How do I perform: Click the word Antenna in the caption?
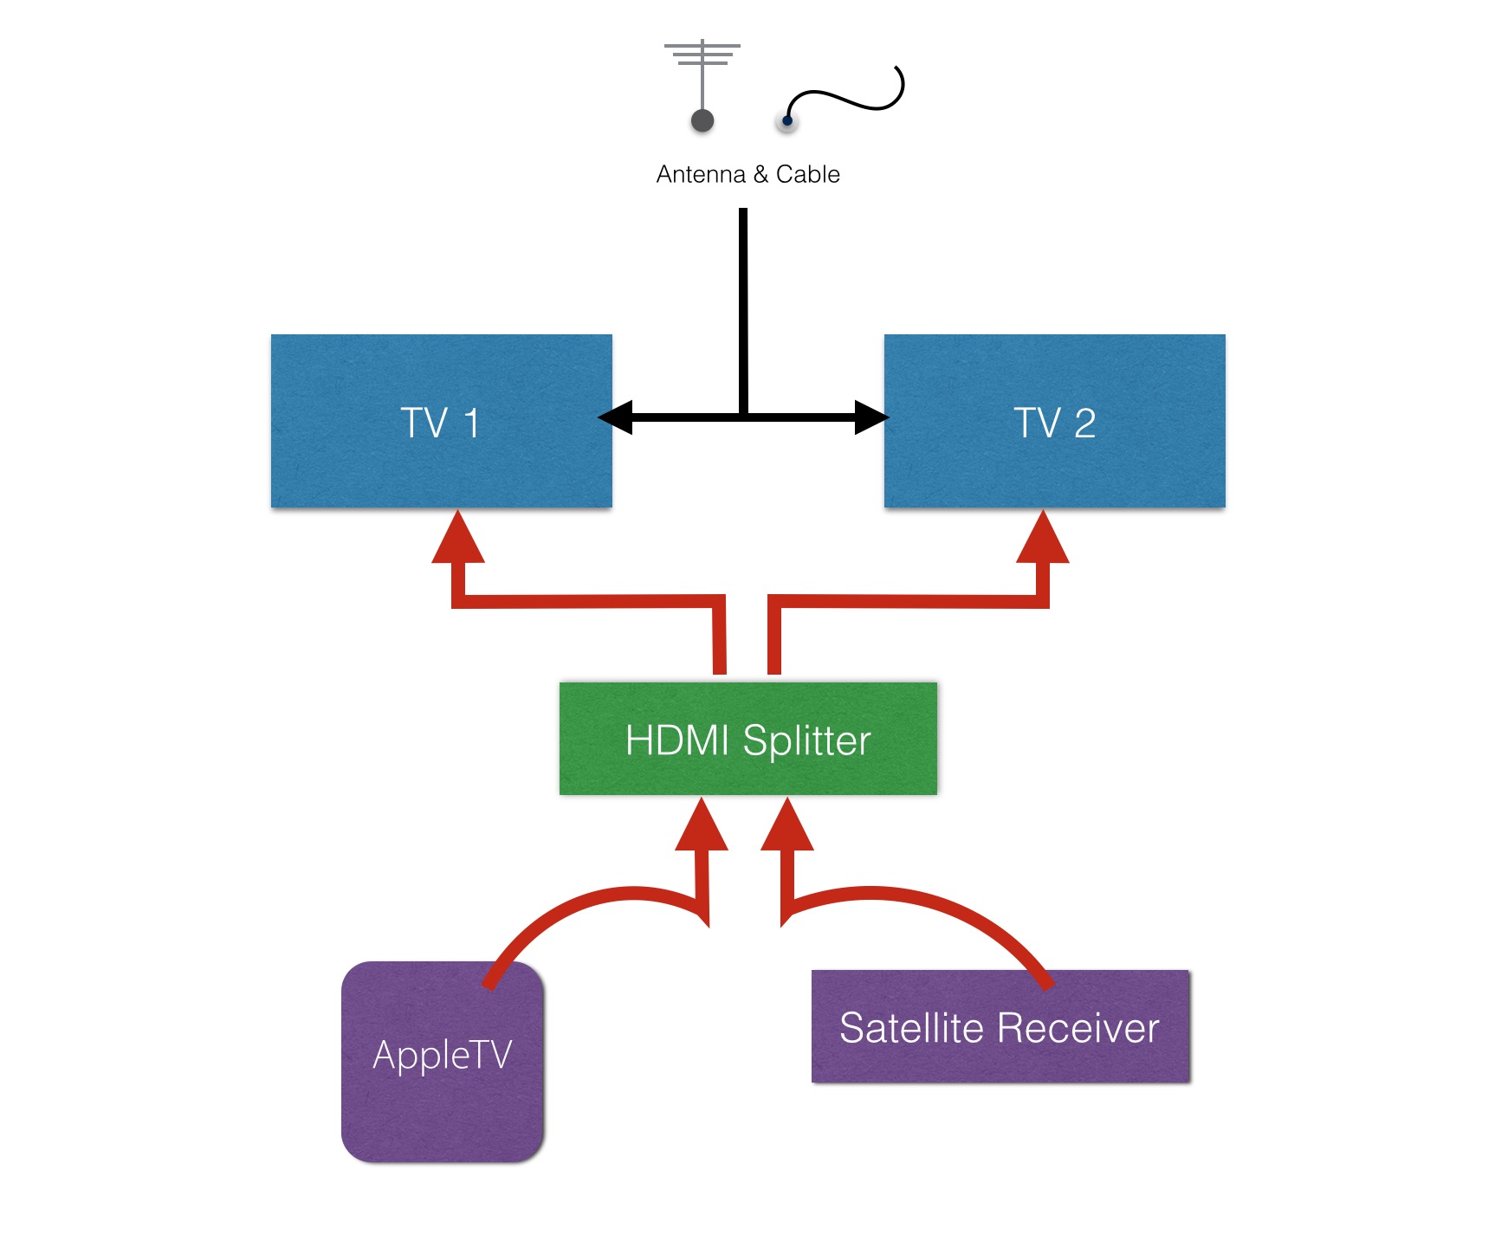coord(701,174)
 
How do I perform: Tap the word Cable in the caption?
coord(807,174)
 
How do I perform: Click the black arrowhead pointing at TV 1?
coord(616,417)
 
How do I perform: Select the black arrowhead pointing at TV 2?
coord(870,417)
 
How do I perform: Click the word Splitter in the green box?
coord(806,740)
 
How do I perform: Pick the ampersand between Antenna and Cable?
coord(760,174)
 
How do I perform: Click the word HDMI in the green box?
coord(677,740)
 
